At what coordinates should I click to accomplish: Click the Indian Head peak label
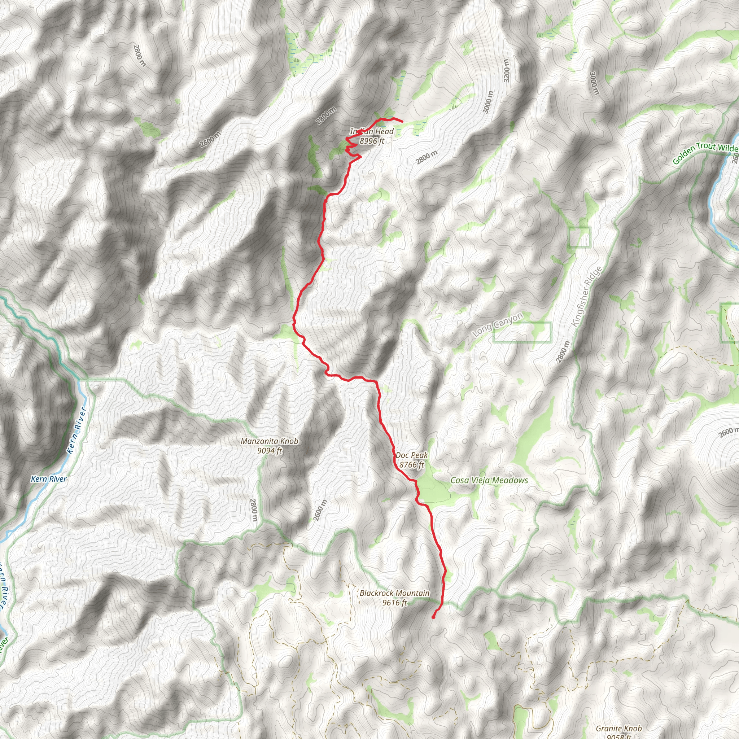371,132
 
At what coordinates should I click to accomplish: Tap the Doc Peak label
412,455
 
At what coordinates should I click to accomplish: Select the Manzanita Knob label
269,441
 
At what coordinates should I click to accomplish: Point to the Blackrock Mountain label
394,593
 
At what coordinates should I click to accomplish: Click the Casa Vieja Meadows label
489,480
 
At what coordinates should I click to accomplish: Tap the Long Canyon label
497,325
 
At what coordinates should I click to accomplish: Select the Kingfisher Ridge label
586,297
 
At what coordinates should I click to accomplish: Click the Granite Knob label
618,729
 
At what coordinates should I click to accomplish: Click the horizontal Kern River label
49,479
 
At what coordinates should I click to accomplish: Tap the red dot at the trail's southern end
433,617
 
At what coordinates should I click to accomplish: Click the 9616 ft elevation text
394,603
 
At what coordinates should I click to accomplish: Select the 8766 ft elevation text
412,465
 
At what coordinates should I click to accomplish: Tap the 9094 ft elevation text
269,451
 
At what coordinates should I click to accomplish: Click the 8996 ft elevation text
371,141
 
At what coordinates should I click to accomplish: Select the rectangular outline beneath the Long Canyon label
522,332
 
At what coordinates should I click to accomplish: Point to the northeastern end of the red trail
402,122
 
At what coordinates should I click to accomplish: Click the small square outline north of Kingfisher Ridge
580,237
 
